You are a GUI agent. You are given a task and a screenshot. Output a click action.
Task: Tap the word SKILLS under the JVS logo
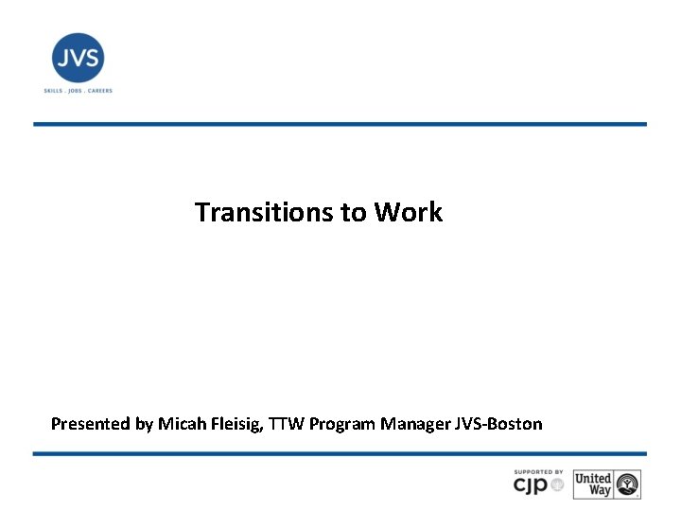(53, 91)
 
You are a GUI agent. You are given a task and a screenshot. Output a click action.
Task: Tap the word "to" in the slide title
(354, 212)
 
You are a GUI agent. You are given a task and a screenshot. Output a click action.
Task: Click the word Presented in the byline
(90, 424)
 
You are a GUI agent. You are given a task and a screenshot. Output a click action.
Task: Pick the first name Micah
(181, 424)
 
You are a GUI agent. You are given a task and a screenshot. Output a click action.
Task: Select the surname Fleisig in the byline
(235, 424)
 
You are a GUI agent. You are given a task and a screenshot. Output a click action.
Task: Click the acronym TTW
(288, 424)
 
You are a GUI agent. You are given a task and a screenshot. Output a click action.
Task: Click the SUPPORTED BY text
(538, 472)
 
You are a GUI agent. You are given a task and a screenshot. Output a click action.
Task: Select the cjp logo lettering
(532, 486)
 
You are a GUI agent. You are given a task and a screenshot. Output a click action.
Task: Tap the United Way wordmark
(593, 485)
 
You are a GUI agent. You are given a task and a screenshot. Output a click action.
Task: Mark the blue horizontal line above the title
(340, 124)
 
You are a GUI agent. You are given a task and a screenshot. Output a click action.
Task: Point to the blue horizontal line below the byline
(340, 453)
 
